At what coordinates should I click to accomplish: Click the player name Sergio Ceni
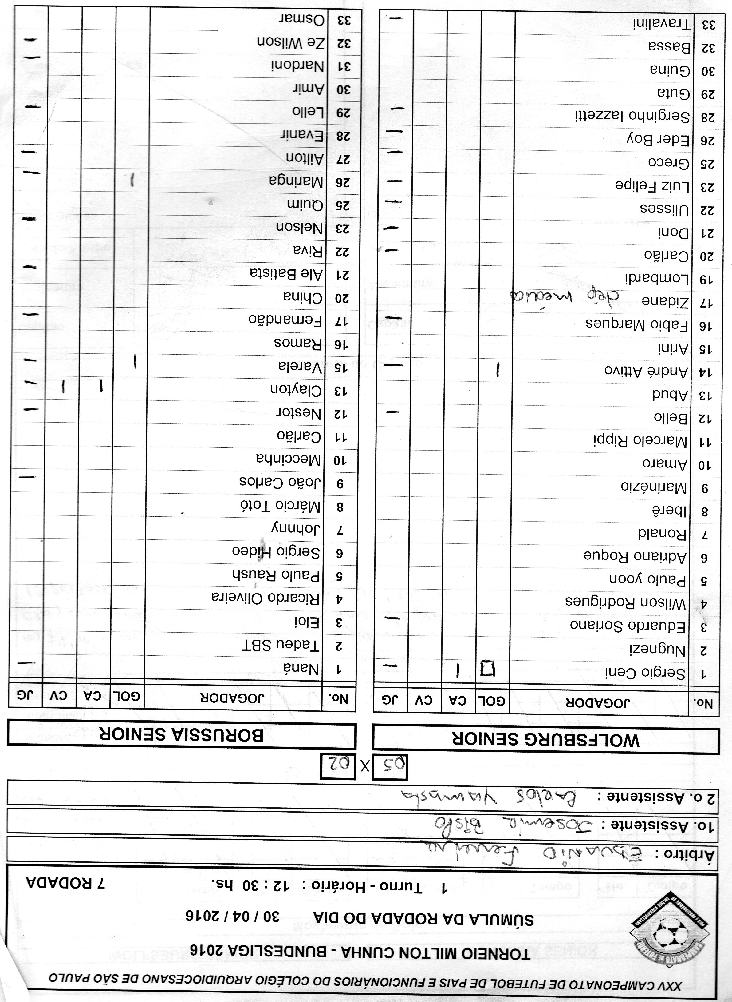[x=645, y=673]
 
